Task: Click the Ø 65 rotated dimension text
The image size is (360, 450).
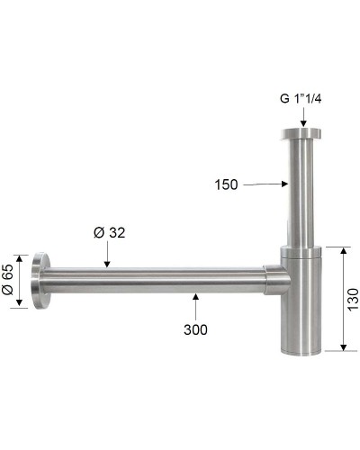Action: coord(9,281)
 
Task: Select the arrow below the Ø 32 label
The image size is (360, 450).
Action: coord(107,256)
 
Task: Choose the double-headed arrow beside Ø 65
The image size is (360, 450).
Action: coord(20,281)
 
